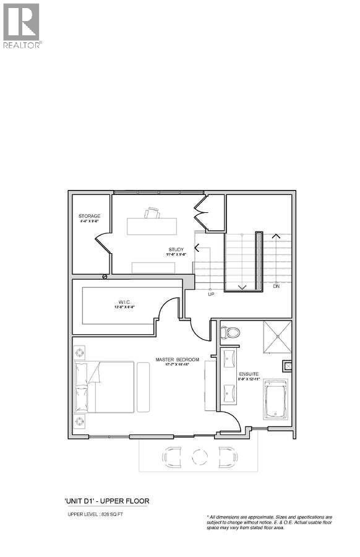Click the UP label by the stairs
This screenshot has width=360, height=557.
pos(211,294)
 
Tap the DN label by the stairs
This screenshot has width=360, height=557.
pos(277,287)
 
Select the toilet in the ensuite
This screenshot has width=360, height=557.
pos(230,332)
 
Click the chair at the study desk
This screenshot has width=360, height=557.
pos(152,214)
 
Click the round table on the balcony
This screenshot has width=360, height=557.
pos(199,457)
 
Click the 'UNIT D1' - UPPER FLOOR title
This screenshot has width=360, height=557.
pos(106,501)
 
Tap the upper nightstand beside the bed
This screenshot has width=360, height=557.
pos(80,352)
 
